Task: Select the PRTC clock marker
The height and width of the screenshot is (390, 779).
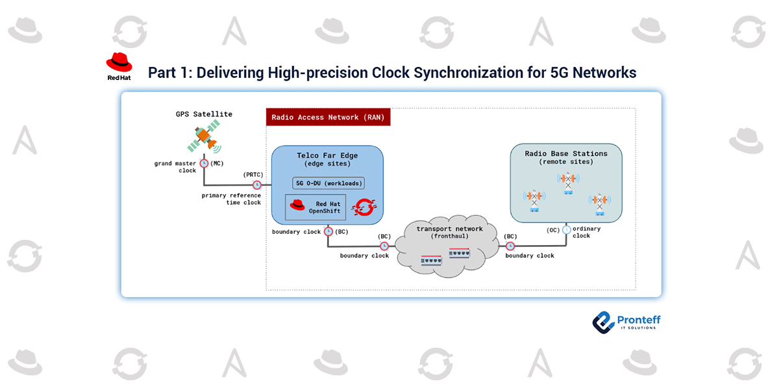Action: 257,185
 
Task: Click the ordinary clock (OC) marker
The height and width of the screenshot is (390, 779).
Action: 567,229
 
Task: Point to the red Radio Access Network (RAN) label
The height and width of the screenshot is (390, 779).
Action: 328,118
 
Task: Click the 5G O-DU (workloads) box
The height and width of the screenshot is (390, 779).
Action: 329,183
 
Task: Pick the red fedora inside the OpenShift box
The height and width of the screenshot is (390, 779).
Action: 297,206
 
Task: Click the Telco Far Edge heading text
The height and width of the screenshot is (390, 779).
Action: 327,155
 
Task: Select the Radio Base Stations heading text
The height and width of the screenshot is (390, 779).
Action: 566,154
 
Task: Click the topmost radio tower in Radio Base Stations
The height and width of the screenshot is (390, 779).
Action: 568,182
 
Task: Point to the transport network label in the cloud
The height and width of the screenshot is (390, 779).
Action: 450,229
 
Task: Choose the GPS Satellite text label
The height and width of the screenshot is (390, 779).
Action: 204,114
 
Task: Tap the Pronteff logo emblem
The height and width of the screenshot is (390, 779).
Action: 604,321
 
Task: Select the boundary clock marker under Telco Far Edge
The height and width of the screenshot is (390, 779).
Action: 328,231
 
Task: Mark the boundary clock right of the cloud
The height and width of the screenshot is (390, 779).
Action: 510,246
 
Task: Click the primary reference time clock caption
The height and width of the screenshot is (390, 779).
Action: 231,199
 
